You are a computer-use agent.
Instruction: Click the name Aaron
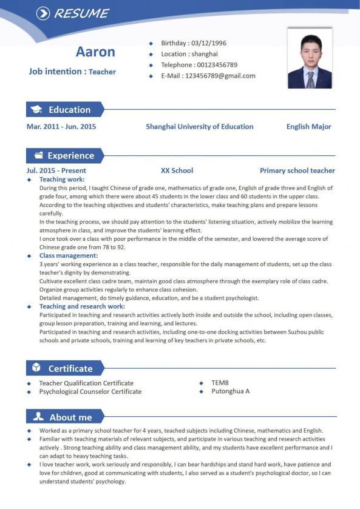(95, 52)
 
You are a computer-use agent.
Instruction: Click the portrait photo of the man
(310, 59)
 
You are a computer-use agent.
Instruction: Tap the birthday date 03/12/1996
(208, 43)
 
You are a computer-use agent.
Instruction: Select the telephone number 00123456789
(216, 65)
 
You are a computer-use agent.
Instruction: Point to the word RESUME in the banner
(81, 13)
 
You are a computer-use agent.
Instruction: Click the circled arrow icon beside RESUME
(43, 13)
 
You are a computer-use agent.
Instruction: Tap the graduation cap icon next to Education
(37, 110)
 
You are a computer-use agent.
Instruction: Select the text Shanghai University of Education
(199, 127)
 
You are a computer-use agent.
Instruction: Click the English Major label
(308, 127)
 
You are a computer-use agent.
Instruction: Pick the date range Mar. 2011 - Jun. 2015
(61, 127)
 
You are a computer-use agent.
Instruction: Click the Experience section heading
(71, 155)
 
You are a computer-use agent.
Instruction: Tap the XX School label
(177, 171)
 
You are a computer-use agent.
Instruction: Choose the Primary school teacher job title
(297, 171)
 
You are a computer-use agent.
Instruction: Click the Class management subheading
(68, 256)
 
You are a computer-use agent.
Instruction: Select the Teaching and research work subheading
(82, 307)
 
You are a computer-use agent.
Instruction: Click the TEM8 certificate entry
(220, 383)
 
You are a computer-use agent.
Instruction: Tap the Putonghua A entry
(230, 391)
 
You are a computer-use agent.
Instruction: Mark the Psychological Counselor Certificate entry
(90, 392)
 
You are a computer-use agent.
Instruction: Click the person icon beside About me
(38, 417)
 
